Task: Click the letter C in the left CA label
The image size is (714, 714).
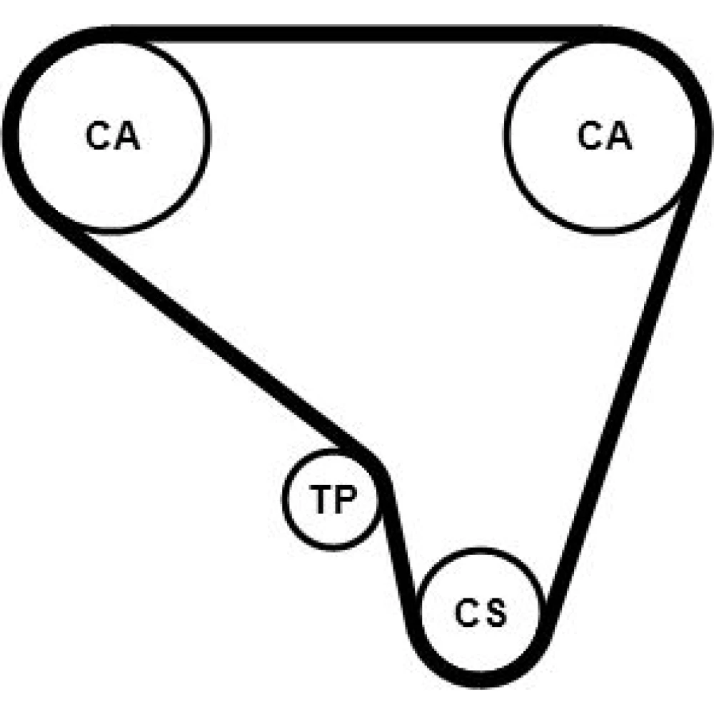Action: (x=97, y=135)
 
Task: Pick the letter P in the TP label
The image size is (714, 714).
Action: (x=345, y=498)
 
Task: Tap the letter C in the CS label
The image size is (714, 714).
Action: (x=466, y=613)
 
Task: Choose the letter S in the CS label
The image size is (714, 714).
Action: (x=496, y=613)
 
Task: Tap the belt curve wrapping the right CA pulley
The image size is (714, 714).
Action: (x=701, y=114)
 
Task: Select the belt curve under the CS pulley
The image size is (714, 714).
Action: (x=481, y=678)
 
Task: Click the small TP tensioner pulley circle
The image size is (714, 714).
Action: (x=283, y=499)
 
